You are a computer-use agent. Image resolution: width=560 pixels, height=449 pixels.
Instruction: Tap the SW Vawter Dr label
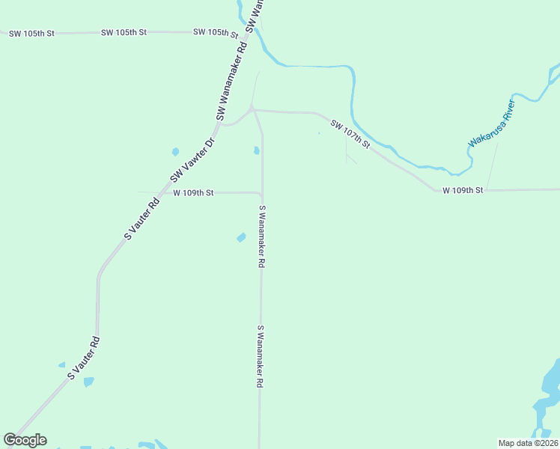point(192,159)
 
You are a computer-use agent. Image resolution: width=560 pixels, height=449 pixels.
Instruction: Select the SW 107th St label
point(350,132)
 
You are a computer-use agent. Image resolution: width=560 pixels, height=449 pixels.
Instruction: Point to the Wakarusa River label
point(493,122)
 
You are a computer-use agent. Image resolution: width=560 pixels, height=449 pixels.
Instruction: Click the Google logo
point(25,440)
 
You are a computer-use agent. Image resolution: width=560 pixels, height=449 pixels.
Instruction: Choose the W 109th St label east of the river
point(463,190)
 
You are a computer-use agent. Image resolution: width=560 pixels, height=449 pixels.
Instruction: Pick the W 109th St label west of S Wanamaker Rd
point(193,192)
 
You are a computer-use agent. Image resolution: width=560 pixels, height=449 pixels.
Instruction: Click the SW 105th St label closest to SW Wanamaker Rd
point(215,32)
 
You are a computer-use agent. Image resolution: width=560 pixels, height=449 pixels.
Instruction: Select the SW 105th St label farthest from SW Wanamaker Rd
point(31,33)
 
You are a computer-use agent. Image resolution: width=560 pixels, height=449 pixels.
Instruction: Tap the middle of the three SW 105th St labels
point(124,33)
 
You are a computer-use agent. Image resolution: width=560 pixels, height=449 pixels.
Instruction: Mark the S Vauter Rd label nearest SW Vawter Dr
point(142,218)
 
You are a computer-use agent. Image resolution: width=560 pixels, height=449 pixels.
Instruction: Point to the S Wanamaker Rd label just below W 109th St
point(263,237)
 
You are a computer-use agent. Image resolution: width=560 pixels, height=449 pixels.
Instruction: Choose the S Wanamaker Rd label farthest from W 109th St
point(261,355)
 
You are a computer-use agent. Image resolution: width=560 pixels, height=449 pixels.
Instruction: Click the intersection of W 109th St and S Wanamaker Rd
point(261,194)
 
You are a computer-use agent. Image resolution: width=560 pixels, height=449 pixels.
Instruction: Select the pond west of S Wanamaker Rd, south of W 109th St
point(241,238)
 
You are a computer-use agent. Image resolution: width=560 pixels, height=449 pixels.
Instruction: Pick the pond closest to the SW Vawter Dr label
point(175,151)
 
